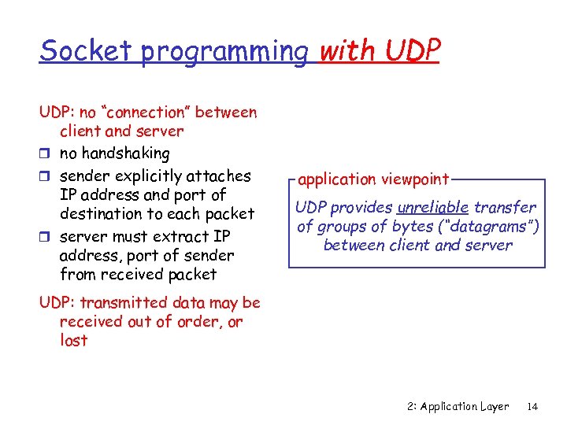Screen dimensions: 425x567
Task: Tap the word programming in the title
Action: [x=224, y=52]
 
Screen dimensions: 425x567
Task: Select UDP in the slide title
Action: [x=413, y=50]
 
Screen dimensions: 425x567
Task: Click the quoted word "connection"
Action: [x=146, y=112]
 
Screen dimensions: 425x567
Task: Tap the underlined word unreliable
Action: [x=433, y=208]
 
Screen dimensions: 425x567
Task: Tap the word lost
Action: [x=73, y=341]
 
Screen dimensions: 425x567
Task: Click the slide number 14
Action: [x=532, y=407]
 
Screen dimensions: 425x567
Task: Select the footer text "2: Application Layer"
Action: [x=458, y=407]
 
